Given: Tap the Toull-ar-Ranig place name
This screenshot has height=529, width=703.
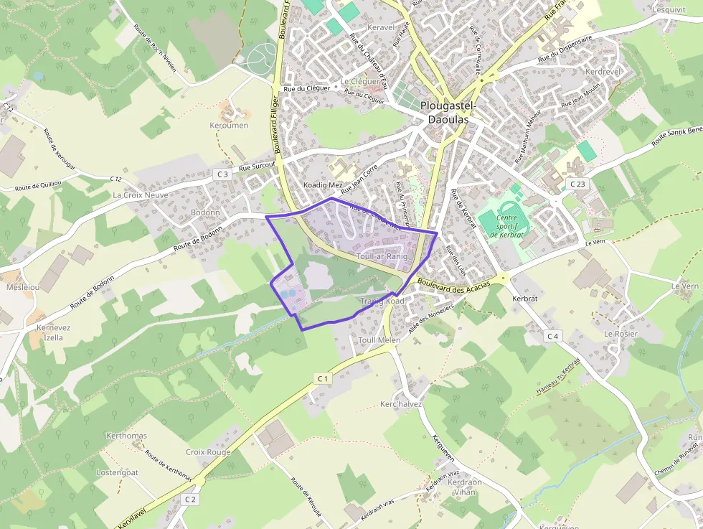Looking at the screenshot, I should pos(382,256).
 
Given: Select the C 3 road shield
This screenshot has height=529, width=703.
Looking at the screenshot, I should pos(222,174).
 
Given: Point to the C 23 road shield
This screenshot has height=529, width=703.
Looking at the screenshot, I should pos(578,184).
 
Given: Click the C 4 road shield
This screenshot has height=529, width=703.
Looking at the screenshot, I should pos(552,336).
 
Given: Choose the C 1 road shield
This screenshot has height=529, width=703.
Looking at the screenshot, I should pos(322,378).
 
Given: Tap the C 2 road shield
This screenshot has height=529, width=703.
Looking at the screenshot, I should pos(190,499).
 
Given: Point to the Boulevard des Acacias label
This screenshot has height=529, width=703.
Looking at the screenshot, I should pos(453,285).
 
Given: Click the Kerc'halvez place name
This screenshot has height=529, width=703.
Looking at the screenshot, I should pos(401,404).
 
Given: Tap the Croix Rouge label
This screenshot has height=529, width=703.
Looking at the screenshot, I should pos(208,452).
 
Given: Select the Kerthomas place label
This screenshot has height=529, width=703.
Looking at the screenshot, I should pos(126,436).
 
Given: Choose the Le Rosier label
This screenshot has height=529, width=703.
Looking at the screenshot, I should pos(621,334).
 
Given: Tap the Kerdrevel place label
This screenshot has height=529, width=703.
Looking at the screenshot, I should pos(603,72).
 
